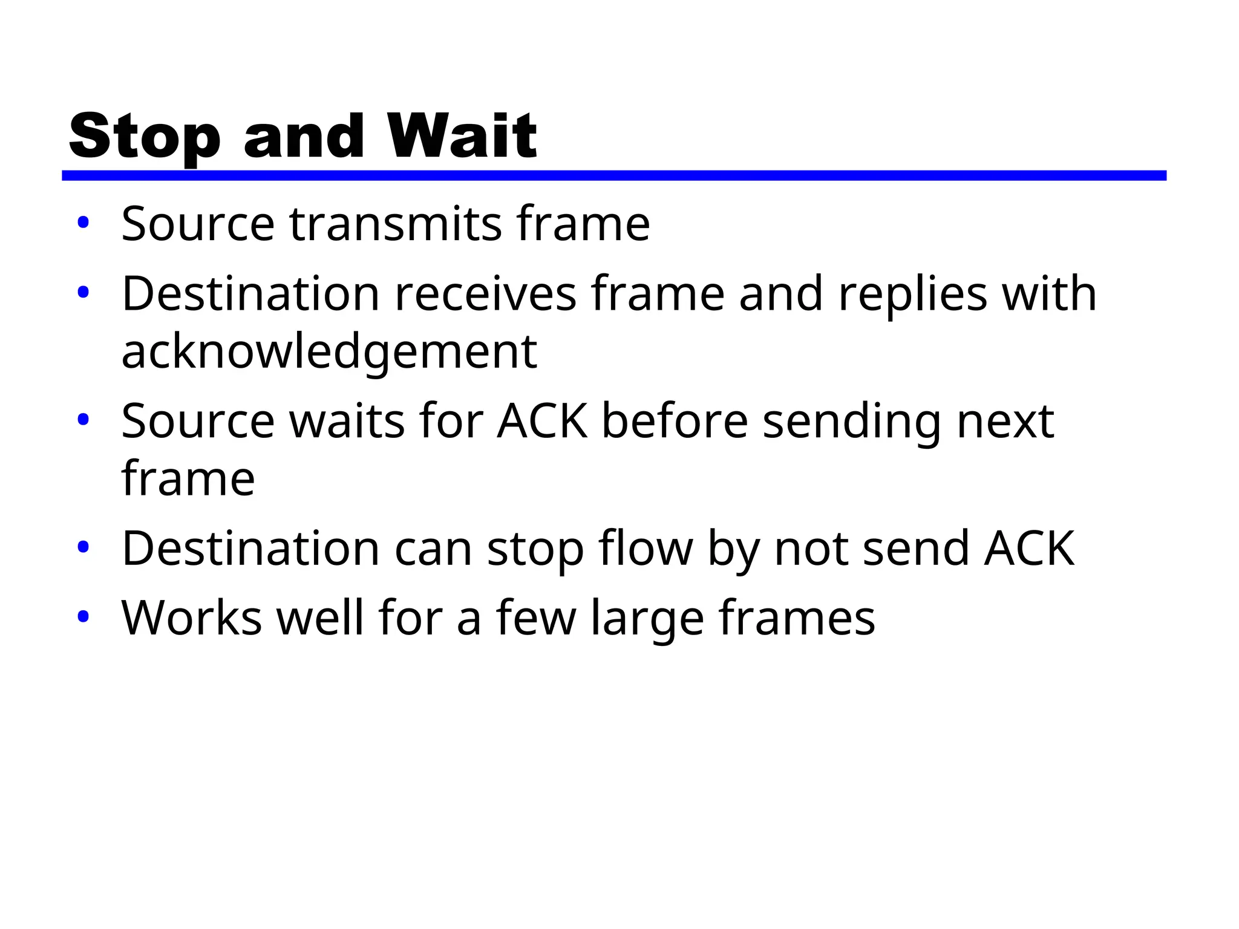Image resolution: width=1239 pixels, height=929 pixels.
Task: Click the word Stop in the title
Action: [145, 137]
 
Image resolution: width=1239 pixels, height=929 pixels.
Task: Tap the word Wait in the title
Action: [462, 137]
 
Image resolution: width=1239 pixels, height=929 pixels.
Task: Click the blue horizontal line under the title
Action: [613, 175]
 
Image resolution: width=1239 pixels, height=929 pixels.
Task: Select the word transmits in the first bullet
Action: [396, 224]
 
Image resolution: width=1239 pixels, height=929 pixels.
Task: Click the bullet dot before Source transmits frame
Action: [83, 223]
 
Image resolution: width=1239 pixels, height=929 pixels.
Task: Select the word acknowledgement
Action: [329, 352]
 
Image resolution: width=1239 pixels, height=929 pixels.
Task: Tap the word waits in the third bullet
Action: [347, 422]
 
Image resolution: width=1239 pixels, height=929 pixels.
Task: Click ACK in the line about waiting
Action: [542, 422]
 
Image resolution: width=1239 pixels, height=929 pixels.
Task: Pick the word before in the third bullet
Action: [675, 422]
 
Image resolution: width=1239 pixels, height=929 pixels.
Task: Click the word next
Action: [1005, 422]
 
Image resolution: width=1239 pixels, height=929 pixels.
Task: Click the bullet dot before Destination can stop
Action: [83, 547]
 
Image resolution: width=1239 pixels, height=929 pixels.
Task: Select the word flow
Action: [646, 549]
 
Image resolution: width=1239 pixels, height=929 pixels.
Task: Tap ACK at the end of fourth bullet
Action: [1029, 549]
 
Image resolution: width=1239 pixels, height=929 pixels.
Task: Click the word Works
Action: [192, 618]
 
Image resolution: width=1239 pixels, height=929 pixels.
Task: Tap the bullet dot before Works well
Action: [83, 617]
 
